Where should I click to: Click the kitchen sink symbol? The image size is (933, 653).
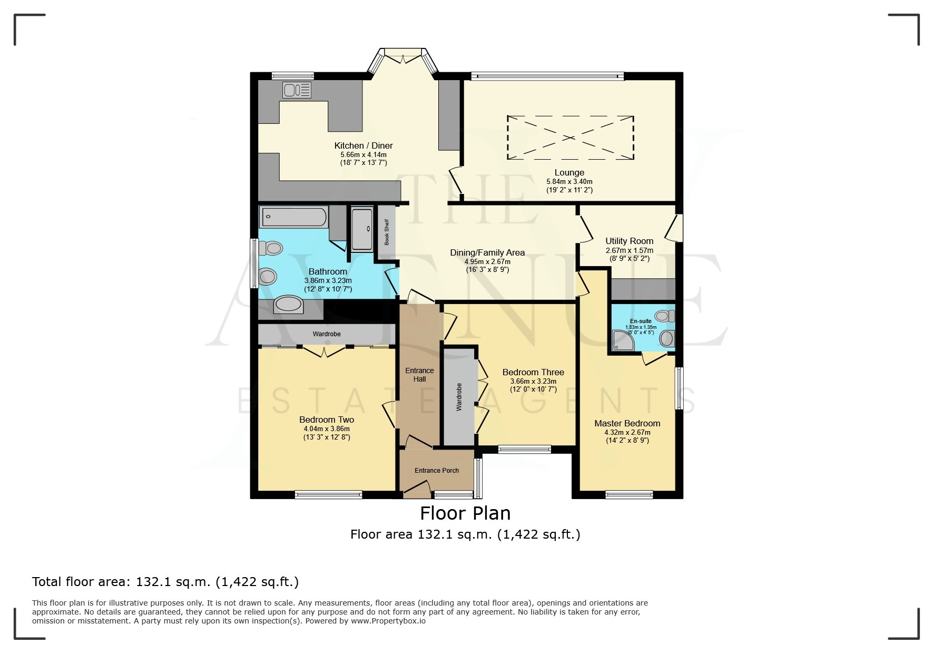tap(297, 90)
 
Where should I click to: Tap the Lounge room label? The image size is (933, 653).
tap(569, 173)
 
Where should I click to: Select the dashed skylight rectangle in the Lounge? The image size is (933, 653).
tap(570, 138)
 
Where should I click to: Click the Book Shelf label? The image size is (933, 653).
tap(387, 232)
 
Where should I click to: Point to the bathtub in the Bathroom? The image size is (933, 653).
tap(293, 216)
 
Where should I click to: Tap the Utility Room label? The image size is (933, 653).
tap(629, 241)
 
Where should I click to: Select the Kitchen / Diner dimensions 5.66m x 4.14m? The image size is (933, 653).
tap(364, 155)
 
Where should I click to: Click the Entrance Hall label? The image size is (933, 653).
tap(419, 375)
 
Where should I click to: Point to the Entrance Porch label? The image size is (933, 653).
tap(436, 471)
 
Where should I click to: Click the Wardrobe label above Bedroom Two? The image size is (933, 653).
tap(326, 334)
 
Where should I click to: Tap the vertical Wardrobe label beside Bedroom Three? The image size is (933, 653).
tap(458, 397)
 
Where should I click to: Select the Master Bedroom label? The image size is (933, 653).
tap(627, 423)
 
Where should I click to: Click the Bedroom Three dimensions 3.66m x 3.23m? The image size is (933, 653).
tap(533, 382)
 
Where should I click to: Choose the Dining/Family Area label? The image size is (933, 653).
tap(487, 253)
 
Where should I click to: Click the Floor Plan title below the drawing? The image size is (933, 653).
tap(465, 513)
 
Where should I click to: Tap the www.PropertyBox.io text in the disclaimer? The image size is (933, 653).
tap(388, 621)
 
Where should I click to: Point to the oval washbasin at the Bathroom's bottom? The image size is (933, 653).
tap(289, 305)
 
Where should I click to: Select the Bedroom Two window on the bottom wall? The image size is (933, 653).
tap(328, 494)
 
